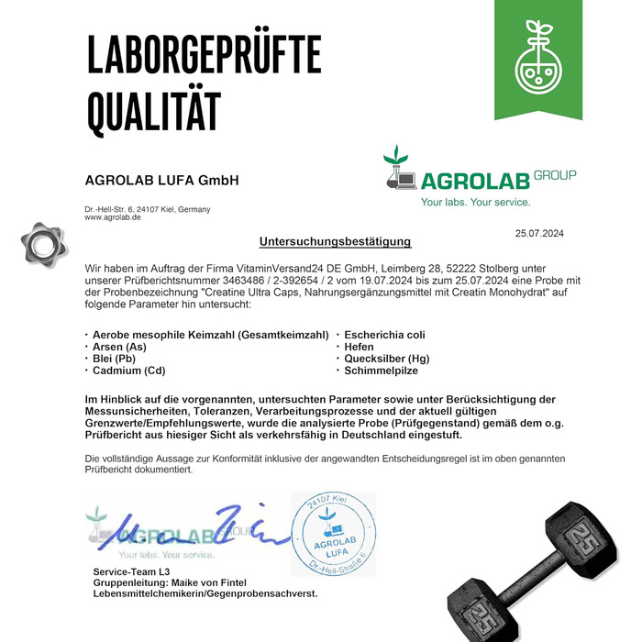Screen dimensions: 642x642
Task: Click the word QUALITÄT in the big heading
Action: pyautogui.click(x=153, y=112)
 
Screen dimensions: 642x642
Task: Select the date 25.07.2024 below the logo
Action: pyautogui.click(x=539, y=233)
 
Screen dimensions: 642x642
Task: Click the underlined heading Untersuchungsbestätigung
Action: pyautogui.click(x=336, y=242)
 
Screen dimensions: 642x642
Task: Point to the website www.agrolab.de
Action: pyautogui.click(x=113, y=218)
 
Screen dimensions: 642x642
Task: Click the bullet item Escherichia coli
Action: pyautogui.click(x=385, y=335)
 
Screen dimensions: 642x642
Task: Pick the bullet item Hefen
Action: pyautogui.click(x=360, y=347)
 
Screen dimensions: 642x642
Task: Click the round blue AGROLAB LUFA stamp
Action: pyautogui.click(x=334, y=534)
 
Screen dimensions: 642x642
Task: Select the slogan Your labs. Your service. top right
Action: pyautogui.click(x=475, y=202)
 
